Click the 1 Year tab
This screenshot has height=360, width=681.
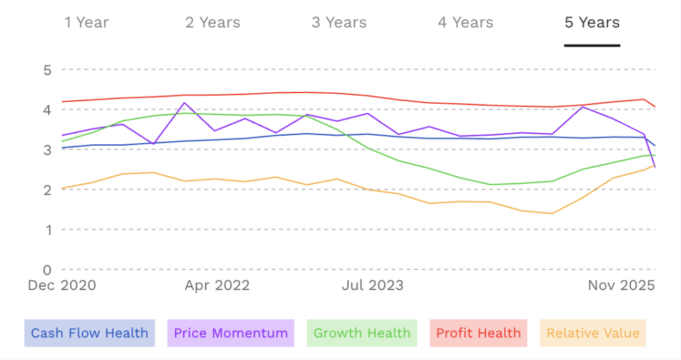tap(86, 23)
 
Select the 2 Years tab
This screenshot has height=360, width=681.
tap(212, 23)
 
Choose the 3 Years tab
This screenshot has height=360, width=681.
tap(339, 23)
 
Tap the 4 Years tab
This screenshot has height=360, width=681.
tap(466, 23)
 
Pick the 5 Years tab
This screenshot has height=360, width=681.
tap(592, 23)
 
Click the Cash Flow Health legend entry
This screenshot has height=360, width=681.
tap(90, 333)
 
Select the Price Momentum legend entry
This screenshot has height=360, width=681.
tap(231, 333)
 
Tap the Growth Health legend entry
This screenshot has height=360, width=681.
tap(362, 333)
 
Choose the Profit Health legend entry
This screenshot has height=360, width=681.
tap(479, 333)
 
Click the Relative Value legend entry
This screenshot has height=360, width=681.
tap(593, 333)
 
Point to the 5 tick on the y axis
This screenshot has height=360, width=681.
tap(47, 69)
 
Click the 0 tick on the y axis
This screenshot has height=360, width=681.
tap(47, 270)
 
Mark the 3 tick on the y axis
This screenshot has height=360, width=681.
tap(47, 150)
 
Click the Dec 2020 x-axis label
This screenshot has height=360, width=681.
tap(62, 285)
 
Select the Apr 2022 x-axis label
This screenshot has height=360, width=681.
tap(217, 285)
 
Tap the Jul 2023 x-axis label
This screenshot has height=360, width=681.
tap(372, 285)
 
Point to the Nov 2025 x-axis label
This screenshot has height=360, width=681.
tap(621, 285)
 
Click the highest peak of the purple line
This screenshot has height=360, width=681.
tap(184, 102)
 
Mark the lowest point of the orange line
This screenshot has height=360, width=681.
tap(551, 214)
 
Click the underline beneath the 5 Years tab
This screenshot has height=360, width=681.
tap(592, 45)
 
